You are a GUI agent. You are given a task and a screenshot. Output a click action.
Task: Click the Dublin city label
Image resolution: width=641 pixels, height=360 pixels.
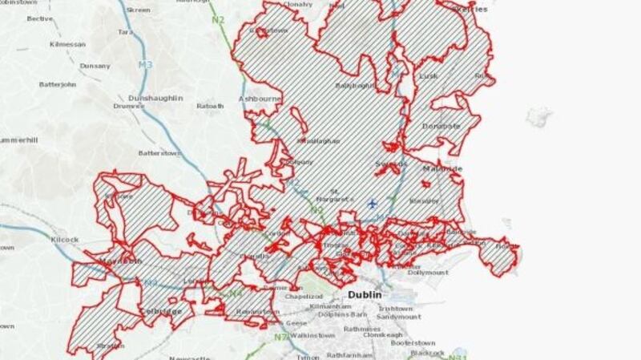[x=368, y=294]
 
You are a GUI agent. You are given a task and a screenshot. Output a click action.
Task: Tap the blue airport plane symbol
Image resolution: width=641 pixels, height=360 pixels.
[x=372, y=204]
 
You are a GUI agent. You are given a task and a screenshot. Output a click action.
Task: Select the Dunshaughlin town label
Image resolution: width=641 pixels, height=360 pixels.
[x=154, y=98]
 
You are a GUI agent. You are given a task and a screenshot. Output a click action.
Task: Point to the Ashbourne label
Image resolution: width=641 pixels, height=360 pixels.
[x=257, y=99]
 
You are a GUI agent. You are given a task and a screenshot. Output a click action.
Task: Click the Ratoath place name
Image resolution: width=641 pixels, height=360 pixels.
[x=210, y=105]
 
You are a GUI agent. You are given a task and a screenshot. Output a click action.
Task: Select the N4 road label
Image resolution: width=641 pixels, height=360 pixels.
[x=235, y=294]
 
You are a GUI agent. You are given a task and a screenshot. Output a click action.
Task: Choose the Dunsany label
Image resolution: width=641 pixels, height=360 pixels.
[x=95, y=66]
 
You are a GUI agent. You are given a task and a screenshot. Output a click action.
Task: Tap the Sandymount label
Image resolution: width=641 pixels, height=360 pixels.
[x=397, y=318]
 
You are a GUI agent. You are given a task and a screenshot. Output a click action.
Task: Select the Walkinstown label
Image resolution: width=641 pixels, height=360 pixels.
[x=312, y=335]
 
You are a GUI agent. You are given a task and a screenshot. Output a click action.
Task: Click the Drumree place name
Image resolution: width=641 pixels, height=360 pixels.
[x=129, y=105]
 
